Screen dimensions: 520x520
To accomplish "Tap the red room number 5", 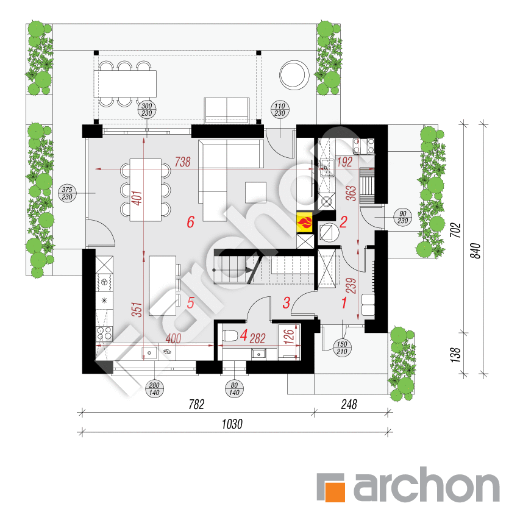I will click(190, 302).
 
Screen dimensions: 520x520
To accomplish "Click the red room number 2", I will click(343, 223).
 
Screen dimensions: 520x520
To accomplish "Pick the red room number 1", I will click(343, 301).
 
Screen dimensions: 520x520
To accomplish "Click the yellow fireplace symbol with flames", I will click(305, 221).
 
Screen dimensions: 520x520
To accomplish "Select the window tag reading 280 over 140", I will click(154, 388).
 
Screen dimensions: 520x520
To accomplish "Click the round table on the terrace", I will click(293, 74).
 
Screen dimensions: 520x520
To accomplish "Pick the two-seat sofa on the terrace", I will click(226, 110).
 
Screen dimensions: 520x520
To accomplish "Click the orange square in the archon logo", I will click(332, 487).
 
